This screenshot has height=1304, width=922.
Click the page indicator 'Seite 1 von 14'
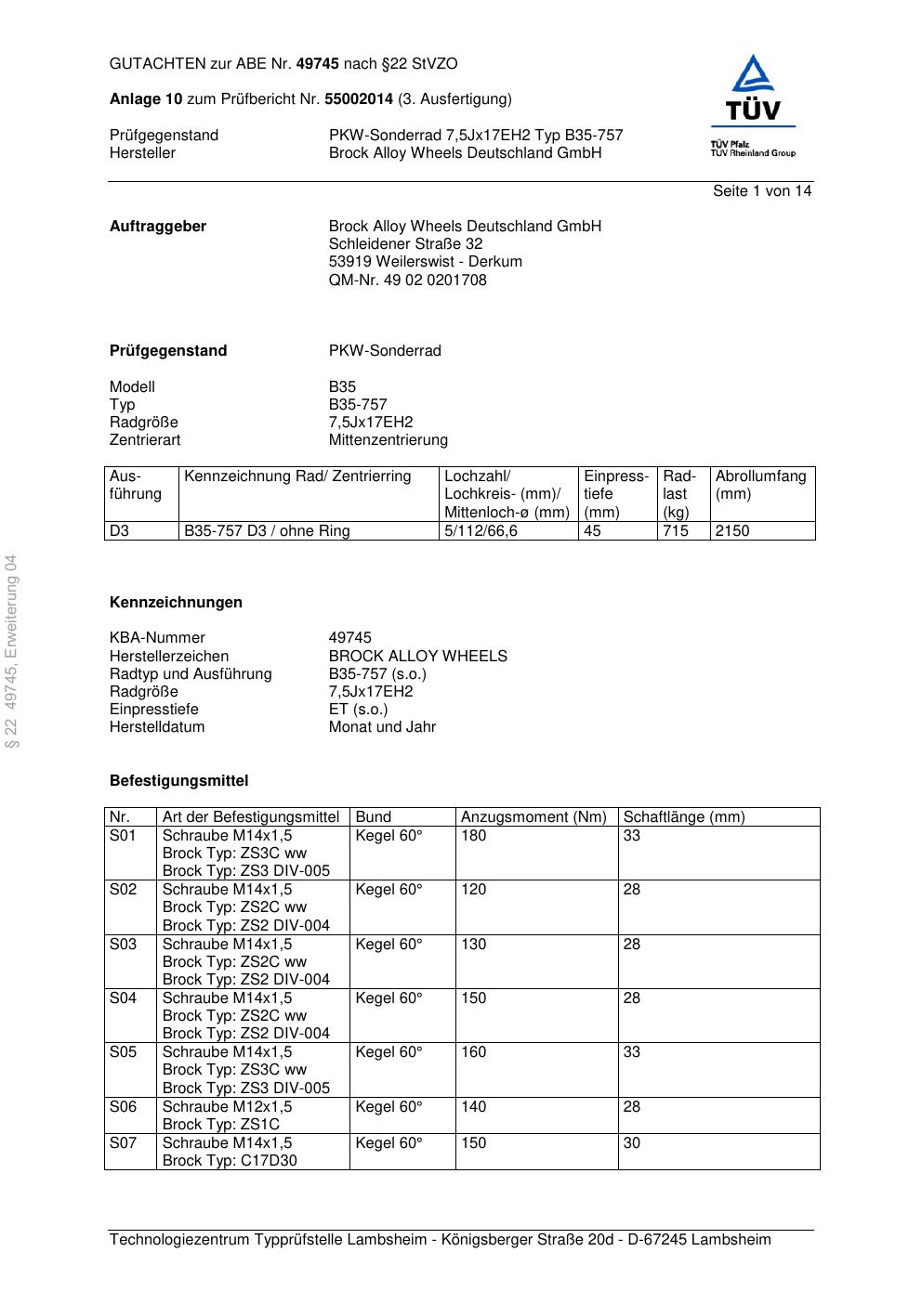pos(761,191)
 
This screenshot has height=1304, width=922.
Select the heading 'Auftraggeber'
pos(158,227)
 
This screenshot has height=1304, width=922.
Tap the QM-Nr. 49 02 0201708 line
pos(407,280)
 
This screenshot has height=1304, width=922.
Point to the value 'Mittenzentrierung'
pos(388,440)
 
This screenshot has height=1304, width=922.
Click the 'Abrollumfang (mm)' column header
pos(760,485)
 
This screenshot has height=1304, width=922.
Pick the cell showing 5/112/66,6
pos(481,531)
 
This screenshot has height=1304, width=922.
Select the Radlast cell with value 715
pos(676,531)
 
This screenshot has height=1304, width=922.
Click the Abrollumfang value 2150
pos(731,531)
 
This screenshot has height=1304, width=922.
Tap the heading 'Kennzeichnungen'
pos(176,603)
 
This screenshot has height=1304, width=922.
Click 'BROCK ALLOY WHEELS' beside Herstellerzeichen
pos(417,657)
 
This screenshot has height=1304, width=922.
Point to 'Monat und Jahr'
pos(382,727)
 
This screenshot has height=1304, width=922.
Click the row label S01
pos(123,836)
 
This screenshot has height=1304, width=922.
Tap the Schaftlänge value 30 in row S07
pos(631,1143)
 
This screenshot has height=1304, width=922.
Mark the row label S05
pos(123,1052)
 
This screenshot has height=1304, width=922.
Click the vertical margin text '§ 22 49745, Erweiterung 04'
pos(11,651)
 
